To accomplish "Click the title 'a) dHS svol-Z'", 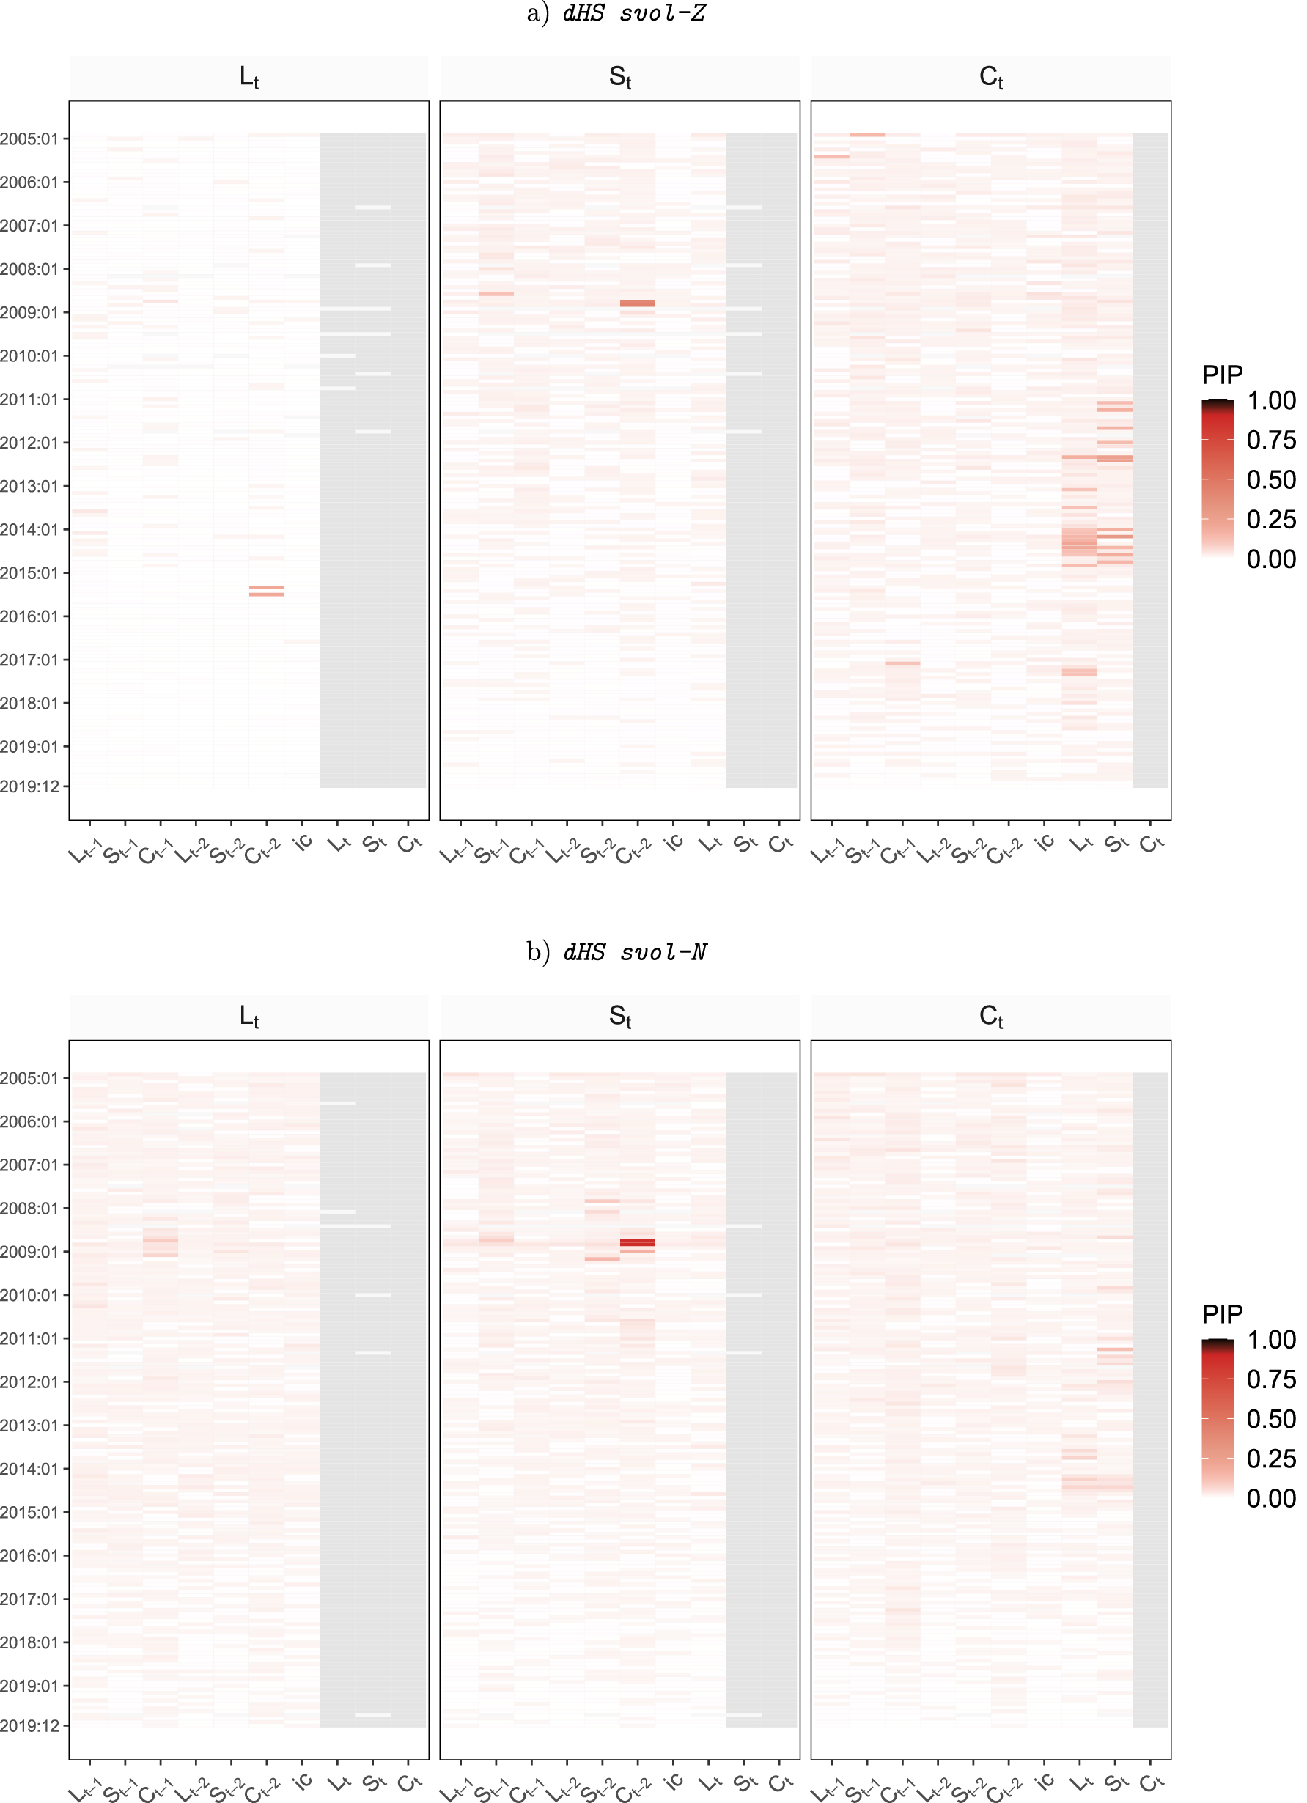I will point(616,13).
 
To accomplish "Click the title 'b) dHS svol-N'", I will point(616,951).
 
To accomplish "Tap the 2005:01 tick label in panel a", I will point(29,139).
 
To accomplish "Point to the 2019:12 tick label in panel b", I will point(29,1726).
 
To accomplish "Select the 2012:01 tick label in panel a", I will point(29,443).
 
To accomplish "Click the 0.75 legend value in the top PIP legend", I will point(1270,440).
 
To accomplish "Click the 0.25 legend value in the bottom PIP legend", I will point(1270,1458).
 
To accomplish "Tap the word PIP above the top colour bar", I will point(1222,375).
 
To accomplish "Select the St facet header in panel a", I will point(619,77).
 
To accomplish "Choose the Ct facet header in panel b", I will point(990,1016).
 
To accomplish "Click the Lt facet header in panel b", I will point(248,1016).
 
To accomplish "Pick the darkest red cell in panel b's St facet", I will point(638,1242).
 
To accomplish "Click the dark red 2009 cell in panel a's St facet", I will point(638,303).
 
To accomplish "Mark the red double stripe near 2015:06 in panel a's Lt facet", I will point(266,591).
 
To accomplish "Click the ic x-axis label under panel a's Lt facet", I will point(303,843).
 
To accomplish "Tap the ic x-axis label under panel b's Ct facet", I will point(1045,1782).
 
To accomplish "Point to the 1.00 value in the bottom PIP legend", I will point(1270,1340).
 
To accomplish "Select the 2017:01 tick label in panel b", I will point(29,1599).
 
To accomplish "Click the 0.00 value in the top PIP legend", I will point(1270,559).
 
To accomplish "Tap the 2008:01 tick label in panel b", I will point(29,1209).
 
